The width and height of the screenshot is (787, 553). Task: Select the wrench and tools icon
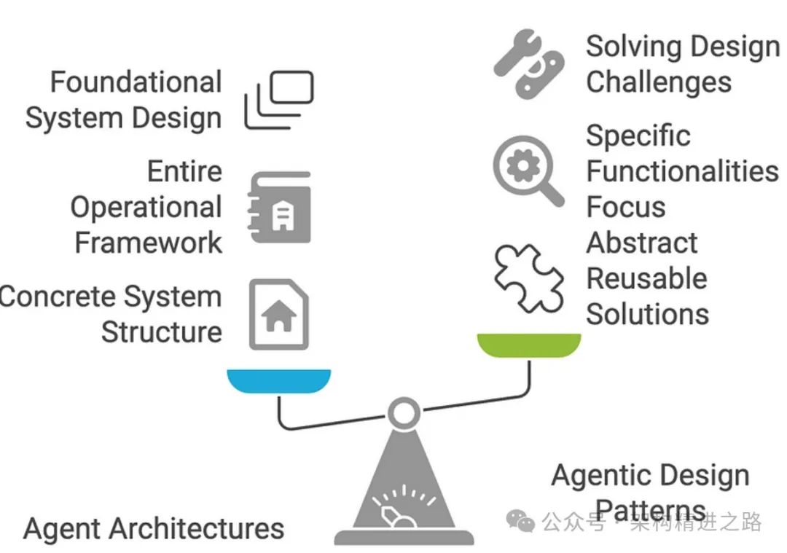click(x=528, y=63)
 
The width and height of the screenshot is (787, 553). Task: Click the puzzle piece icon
click(x=528, y=278)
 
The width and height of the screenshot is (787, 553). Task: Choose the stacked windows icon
click(x=279, y=100)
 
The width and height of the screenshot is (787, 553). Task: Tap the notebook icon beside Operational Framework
click(x=279, y=207)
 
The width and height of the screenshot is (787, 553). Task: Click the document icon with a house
click(x=279, y=314)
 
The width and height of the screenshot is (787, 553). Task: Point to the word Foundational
click(x=136, y=82)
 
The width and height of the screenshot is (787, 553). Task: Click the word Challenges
click(x=659, y=83)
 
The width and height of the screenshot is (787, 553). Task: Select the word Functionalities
click(x=682, y=171)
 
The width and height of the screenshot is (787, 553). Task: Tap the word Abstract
click(x=641, y=243)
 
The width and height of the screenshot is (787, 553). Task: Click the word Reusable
click(x=646, y=278)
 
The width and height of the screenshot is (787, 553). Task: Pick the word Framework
click(x=148, y=243)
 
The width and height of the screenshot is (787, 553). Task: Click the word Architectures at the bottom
click(x=196, y=528)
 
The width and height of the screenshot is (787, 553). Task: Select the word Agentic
click(x=601, y=476)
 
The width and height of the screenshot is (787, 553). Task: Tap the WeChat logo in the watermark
click(x=520, y=521)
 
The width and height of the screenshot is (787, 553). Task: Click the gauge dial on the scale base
click(x=403, y=505)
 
